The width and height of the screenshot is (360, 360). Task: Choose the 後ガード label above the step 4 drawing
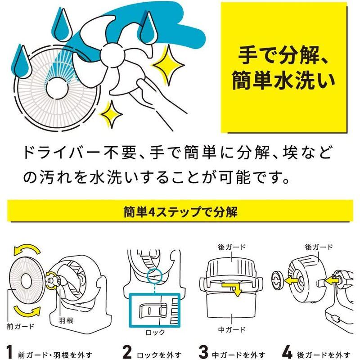[x=319, y=247]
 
